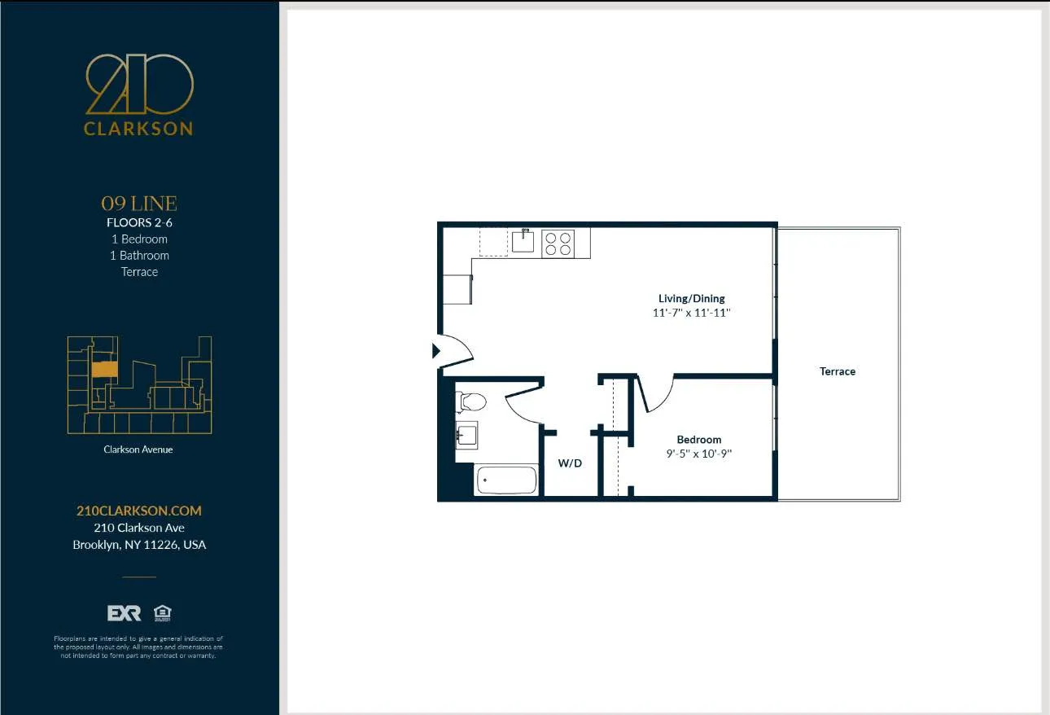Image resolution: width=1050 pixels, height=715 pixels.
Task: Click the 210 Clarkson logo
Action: coord(139,94)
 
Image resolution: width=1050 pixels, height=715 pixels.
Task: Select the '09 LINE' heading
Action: coord(139,204)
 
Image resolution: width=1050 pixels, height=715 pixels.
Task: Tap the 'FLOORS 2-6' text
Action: coord(139,222)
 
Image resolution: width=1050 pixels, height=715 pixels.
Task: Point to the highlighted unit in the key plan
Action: coord(103,370)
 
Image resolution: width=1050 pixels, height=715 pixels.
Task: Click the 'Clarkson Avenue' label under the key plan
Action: coord(138,450)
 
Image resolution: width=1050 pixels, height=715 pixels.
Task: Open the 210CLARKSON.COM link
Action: coord(139,511)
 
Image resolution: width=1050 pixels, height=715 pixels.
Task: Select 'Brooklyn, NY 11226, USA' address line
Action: coord(139,545)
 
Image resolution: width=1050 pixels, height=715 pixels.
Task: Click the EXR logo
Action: coord(124,613)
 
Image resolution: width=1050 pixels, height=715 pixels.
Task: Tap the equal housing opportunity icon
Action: coord(162,613)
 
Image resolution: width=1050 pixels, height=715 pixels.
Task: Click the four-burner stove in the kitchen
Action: coord(558,243)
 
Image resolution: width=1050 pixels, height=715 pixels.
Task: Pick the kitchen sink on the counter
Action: coord(523,241)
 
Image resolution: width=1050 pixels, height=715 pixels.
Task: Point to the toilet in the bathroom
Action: coord(470,401)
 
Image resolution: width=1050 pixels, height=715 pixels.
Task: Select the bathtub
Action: coord(505,480)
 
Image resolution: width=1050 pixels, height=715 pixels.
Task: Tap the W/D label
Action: coord(570,463)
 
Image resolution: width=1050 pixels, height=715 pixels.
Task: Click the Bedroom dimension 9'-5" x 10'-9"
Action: coord(699,454)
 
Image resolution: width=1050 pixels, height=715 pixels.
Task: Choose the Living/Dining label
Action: coord(691,298)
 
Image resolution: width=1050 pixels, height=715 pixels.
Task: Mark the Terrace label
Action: coord(838,371)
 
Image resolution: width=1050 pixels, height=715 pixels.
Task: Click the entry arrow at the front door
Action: coord(435,351)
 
